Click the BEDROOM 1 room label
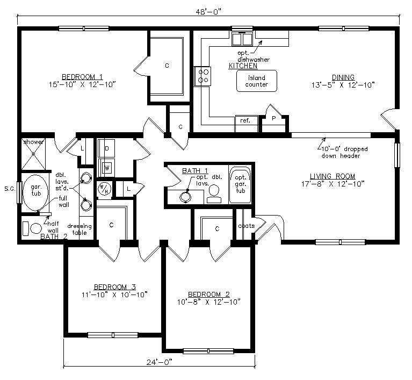[x=82, y=77]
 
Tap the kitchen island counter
[x=257, y=81]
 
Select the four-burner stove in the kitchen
[x=203, y=76]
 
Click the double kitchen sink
[x=242, y=39]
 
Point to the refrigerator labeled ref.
[x=246, y=124]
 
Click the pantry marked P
[x=274, y=121]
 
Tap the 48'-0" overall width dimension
[x=207, y=12]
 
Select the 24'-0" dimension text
[x=159, y=362]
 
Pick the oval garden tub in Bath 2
[x=36, y=192]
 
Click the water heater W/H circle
[x=104, y=188]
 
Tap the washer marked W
[x=107, y=167]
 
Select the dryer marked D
[x=106, y=148]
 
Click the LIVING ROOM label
[x=333, y=176]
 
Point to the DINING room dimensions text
[x=343, y=85]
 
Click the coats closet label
[x=246, y=226]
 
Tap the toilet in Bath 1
[x=214, y=194]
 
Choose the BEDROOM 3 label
[x=115, y=286]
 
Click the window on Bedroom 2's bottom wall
[x=208, y=351]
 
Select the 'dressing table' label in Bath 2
[x=79, y=230]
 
